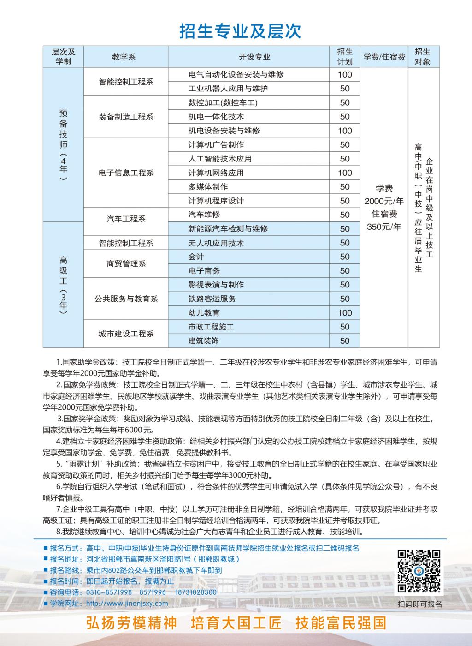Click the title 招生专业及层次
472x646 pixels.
pos(240,31)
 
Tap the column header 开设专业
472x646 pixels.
pos(254,57)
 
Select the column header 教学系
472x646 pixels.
pos(124,57)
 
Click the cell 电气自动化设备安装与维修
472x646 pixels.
pos(236,75)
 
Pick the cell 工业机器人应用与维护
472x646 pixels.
pos(228,89)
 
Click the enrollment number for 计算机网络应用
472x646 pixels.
pos(345,173)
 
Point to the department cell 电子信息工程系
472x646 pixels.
pos(126,173)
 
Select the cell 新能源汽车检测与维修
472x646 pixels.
pos(228,229)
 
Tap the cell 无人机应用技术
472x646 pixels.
pos(216,243)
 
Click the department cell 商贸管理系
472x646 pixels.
pos(126,264)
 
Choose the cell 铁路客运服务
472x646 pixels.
pos(212,299)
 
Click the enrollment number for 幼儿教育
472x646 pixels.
pos(345,313)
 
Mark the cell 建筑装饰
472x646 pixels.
pos(204,341)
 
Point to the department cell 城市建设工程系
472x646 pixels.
pos(126,334)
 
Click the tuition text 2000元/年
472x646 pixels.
pos(384,201)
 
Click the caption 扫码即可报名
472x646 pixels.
pos(419,604)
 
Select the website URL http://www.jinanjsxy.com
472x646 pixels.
pos(127,603)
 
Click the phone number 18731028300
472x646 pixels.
pos(196,592)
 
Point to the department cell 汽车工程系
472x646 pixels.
pos(126,219)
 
